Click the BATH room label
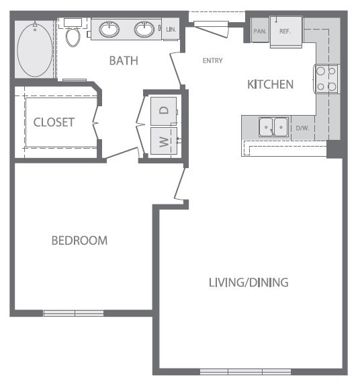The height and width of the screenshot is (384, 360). [x=124, y=61]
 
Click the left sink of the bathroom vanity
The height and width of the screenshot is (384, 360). [x=109, y=30]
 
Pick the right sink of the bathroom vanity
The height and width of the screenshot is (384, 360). [x=143, y=30]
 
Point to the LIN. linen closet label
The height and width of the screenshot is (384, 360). [x=171, y=30]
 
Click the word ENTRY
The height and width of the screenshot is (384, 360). [x=213, y=61]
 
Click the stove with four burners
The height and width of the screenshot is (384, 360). [x=326, y=78]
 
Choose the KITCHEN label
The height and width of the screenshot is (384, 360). [x=270, y=84]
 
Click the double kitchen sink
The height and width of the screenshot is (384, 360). [x=274, y=126]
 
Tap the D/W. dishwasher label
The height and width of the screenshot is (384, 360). [x=302, y=126]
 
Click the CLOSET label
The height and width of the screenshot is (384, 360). [x=54, y=122]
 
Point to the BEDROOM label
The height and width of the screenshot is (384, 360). [x=79, y=240]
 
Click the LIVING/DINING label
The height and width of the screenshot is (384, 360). [x=248, y=282]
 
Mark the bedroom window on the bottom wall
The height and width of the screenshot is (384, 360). [x=74, y=313]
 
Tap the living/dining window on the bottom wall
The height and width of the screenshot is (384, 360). [x=245, y=371]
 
